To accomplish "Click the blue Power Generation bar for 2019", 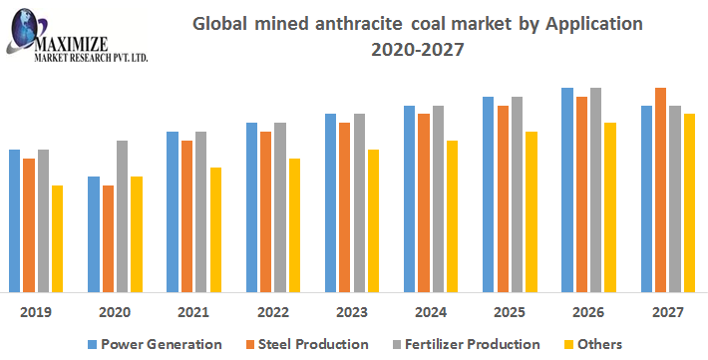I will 14,220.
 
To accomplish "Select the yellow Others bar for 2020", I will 136,234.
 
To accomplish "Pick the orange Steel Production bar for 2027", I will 660,189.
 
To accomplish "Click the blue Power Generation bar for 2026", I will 567,189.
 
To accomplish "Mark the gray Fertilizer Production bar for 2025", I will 517,194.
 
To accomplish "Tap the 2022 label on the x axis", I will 272,312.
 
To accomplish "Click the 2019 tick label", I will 36,312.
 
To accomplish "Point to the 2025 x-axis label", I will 510,312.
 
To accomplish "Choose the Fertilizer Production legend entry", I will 472,344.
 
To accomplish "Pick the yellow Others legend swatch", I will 570,344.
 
